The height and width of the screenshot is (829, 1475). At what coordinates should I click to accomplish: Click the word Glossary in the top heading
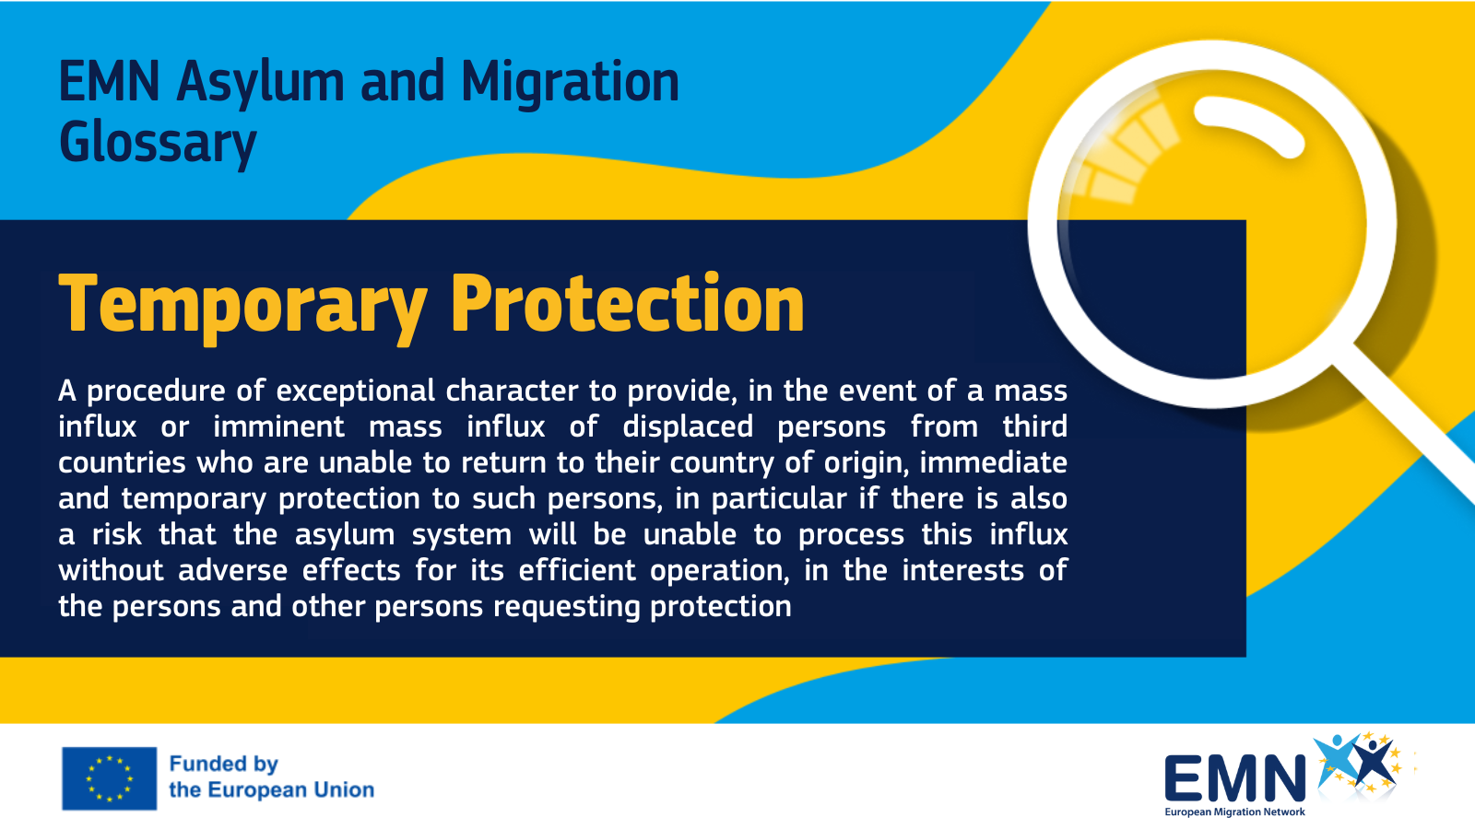[158, 143]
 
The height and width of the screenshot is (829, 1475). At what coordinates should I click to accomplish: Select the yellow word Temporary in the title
[243, 306]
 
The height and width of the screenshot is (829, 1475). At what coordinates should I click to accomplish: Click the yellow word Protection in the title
[628, 303]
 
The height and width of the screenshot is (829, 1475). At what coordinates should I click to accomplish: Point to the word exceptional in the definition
[356, 391]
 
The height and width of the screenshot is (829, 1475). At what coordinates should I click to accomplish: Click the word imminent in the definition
[278, 426]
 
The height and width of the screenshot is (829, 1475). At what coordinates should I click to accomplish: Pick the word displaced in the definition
[688, 427]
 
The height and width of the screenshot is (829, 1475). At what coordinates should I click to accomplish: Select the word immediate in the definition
[993, 462]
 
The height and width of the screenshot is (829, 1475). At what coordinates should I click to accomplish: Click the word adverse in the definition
[232, 570]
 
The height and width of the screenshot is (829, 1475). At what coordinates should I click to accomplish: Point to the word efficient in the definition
[577, 570]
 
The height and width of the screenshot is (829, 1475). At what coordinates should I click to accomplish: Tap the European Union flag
[110, 778]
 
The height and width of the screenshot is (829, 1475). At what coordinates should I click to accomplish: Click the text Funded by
[224, 764]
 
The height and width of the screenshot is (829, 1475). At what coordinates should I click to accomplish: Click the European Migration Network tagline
[1234, 811]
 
